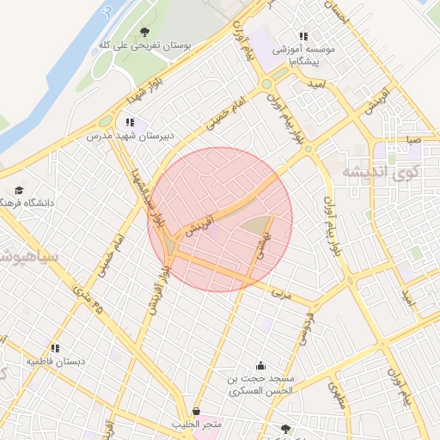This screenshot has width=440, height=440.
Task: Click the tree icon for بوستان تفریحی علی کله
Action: click(x=144, y=32)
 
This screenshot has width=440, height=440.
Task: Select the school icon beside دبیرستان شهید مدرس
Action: click(x=130, y=123)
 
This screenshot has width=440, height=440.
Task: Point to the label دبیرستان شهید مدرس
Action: click(x=130, y=136)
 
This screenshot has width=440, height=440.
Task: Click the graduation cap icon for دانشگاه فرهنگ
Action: click(x=19, y=191)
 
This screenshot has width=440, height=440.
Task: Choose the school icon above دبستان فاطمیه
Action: click(x=55, y=348)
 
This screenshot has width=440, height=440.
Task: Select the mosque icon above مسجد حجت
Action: click(x=260, y=365)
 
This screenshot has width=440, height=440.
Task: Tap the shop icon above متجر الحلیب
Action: click(x=199, y=411)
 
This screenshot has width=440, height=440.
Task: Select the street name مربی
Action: click(x=282, y=293)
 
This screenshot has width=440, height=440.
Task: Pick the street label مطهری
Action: click(x=336, y=394)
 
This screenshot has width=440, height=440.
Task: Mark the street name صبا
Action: click(x=414, y=138)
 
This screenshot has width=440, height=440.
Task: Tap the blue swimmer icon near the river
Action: click(x=107, y=14)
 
